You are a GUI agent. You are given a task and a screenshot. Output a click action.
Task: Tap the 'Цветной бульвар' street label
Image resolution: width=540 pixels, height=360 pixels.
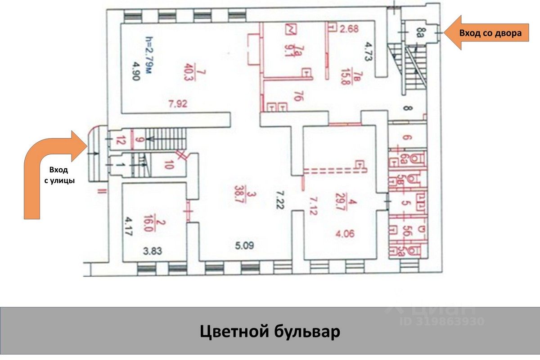click(x=270, y=333)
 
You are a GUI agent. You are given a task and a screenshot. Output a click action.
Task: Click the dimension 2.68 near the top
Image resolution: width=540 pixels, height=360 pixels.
click(x=349, y=30)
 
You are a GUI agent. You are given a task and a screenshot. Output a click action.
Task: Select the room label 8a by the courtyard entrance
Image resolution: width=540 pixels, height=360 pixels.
click(x=420, y=32)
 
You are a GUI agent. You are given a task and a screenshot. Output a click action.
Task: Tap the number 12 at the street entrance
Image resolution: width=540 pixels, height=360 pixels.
click(x=119, y=139)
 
